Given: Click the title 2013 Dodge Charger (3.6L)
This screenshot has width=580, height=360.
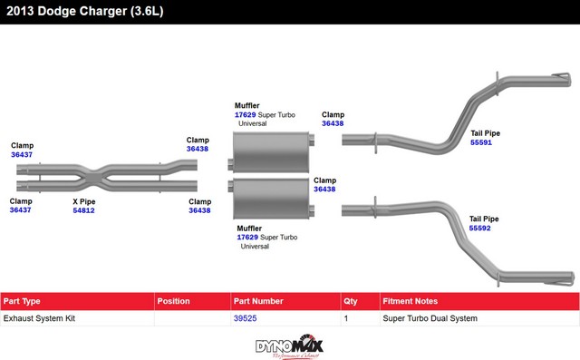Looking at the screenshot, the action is (84, 11).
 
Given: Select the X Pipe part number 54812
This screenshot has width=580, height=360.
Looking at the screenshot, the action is (83, 210).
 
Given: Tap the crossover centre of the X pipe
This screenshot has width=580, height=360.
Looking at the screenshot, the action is (94, 179).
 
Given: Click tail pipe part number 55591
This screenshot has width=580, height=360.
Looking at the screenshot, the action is (481, 142).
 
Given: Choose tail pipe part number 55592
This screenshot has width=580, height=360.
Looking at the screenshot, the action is (479, 228).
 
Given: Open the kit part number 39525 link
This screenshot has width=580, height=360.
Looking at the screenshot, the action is (245, 318).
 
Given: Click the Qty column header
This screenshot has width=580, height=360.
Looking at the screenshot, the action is (351, 301).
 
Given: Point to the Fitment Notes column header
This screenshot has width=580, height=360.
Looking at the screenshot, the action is (410, 301).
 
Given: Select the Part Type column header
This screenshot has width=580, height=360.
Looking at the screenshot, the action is (22, 301).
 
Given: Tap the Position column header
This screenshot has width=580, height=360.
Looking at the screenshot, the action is (173, 301).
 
